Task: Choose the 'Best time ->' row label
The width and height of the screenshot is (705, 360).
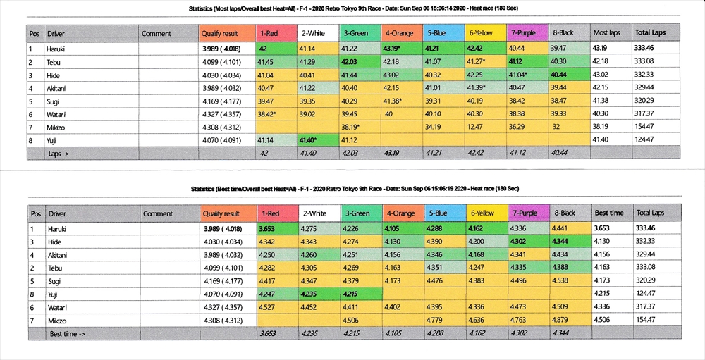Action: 68,333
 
